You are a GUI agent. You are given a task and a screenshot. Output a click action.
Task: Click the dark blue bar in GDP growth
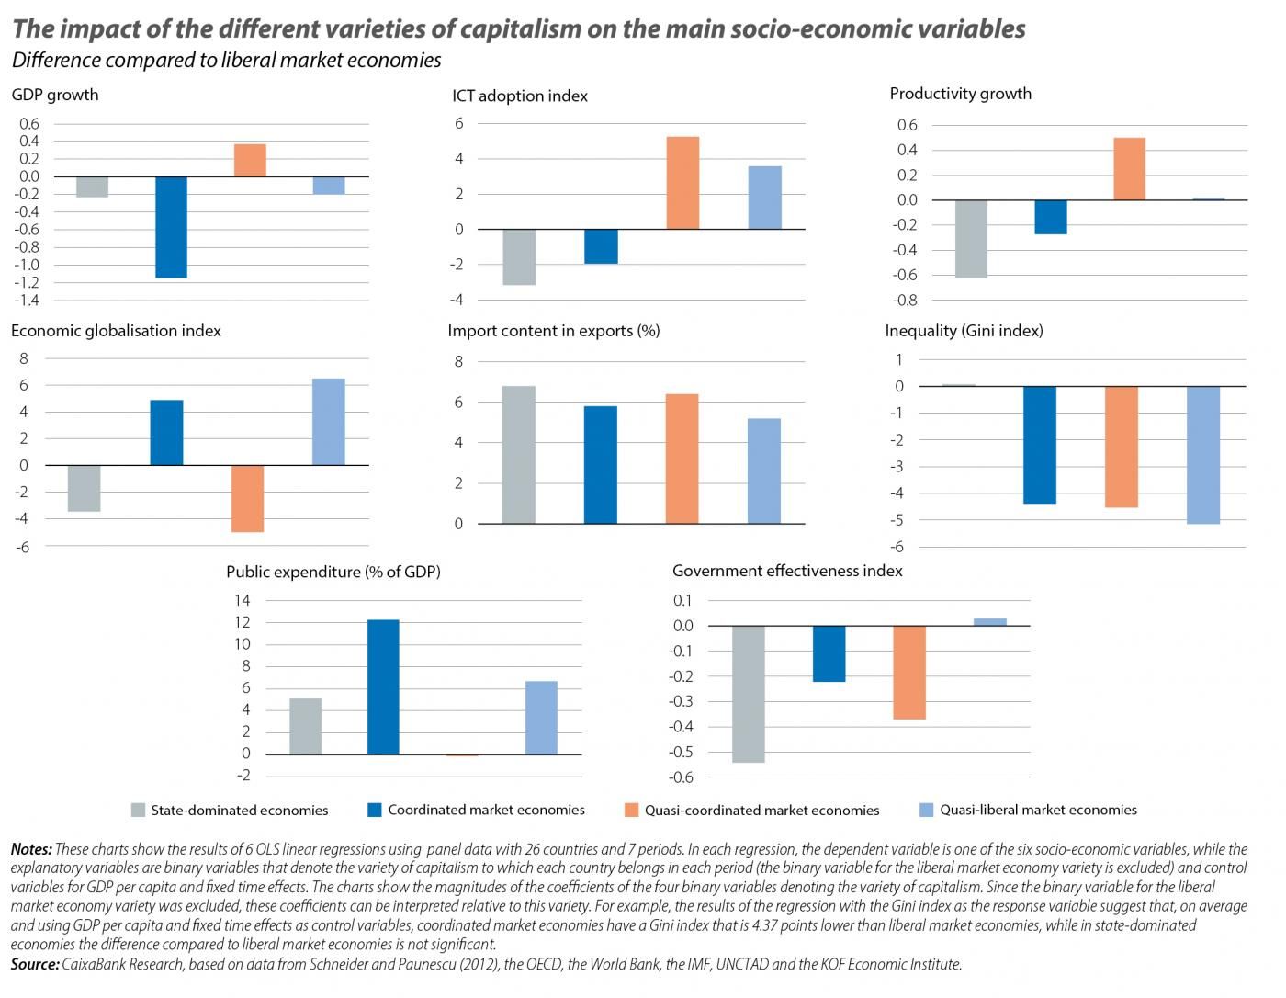click(x=171, y=227)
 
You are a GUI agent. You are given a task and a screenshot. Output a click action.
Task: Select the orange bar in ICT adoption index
click(x=682, y=183)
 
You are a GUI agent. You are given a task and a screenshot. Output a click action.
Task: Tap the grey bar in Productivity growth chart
click(x=971, y=239)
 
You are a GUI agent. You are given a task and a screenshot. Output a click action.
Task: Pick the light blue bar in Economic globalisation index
click(x=329, y=422)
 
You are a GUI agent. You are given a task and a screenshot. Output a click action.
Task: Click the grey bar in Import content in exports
click(x=519, y=455)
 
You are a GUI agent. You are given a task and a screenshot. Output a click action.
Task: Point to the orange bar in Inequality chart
click(x=1122, y=447)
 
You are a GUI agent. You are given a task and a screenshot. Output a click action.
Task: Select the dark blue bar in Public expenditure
click(x=383, y=687)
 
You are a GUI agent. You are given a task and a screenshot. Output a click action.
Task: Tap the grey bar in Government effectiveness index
click(x=749, y=694)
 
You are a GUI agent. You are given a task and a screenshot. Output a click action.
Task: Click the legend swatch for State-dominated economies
click(x=139, y=811)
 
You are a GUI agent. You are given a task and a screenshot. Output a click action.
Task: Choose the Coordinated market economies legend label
click(x=486, y=810)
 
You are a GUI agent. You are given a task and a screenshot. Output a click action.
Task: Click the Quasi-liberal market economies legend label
click(x=1038, y=810)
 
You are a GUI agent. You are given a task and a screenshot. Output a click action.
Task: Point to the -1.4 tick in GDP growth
click(x=28, y=301)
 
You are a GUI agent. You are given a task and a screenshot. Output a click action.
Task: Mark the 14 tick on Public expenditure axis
click(x=243, y=600)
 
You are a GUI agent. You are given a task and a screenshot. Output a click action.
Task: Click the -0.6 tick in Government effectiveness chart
click(x=682, y=777)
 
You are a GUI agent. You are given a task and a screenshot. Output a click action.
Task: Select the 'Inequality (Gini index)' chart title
click(x=964, y=331)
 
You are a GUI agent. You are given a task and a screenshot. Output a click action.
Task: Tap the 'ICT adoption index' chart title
click(x=520, y=96)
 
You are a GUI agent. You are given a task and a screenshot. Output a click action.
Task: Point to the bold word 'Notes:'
click(x=31, y=849)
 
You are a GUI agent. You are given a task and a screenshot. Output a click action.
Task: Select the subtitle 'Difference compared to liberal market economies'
click(x=226, y=61)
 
